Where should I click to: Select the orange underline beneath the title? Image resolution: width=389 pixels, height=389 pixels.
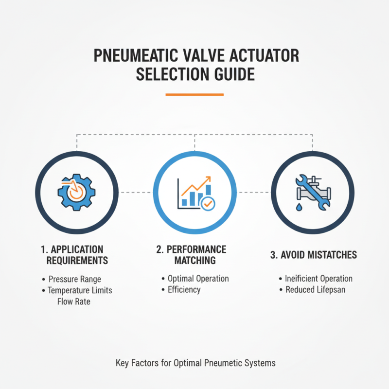point(194,94)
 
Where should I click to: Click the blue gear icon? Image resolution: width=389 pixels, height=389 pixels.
point(77,193)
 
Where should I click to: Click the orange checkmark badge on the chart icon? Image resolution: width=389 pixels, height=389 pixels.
point(207,204)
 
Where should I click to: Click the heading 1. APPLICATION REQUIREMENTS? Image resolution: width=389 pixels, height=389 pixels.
point(77,255)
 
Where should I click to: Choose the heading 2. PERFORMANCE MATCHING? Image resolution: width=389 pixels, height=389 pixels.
point(194,255)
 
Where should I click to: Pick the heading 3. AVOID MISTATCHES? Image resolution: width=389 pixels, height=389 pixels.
point(313,255)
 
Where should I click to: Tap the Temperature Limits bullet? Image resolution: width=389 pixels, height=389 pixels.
point(80,290)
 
